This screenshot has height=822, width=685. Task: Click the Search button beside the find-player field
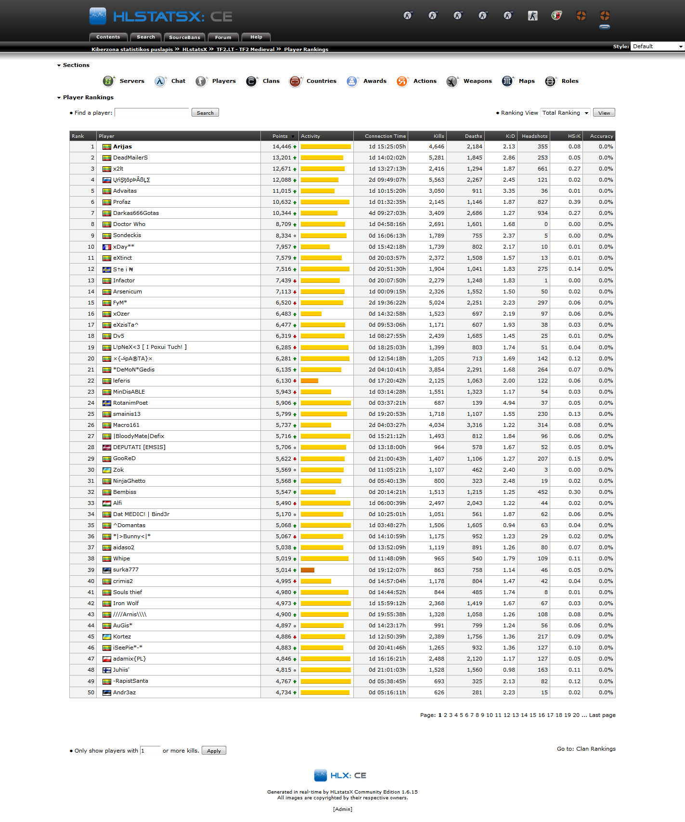[x=205, y=113]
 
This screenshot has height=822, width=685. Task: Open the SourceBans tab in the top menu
[x=184, y=37]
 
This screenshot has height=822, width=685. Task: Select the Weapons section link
[x=477, y=81]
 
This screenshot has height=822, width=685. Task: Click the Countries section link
[x=321, y=81]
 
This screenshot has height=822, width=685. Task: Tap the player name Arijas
[x=122, y=146]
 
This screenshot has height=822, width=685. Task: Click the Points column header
[x=280, y=136]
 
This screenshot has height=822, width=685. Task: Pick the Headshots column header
[x=534, y=136]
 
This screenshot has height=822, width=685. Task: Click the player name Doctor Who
[x=129, y=224]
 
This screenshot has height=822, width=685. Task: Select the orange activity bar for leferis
[x=310, y=381]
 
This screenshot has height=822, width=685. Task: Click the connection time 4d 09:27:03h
[x=387, y=213]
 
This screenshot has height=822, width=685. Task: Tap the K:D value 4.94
[x=509, y=403]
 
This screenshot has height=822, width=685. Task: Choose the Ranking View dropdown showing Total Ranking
[x=565, y=113]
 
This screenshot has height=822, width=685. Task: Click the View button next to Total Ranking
[x=604, y=113]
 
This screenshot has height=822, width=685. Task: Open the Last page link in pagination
[x=602, y=715]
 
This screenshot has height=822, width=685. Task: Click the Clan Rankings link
[x=596, y=749]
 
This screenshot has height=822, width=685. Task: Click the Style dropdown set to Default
[x=657, y=46]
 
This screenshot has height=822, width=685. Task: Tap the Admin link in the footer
[x=343, y=809]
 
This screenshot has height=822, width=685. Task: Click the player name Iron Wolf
[x=126, y=603]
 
